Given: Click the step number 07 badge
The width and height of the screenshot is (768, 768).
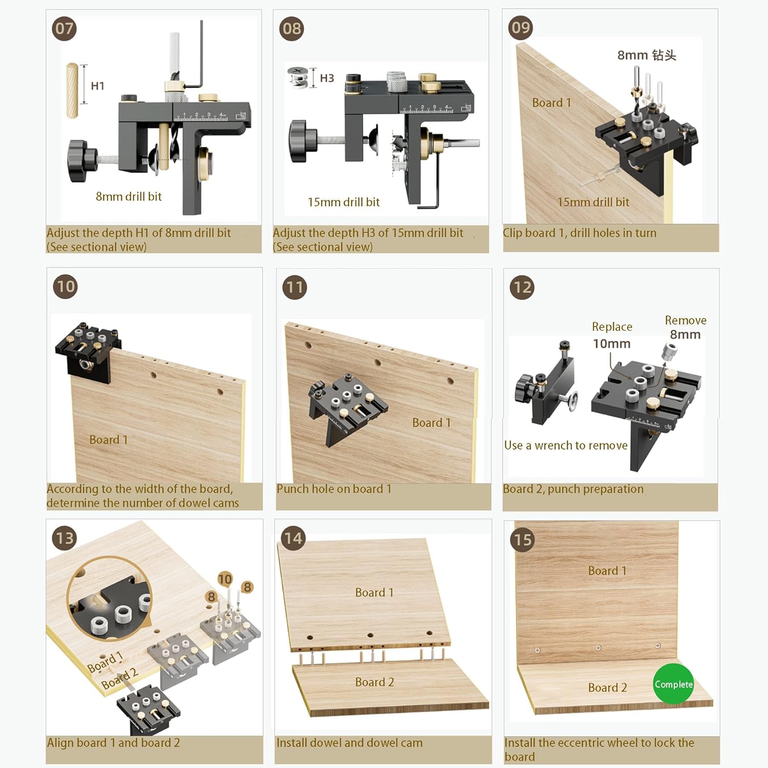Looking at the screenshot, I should (x=65, y=29).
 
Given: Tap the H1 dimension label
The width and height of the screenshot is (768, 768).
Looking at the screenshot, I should (x=97, y=86).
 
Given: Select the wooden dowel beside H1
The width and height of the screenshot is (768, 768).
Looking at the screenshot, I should (x=73, y=91).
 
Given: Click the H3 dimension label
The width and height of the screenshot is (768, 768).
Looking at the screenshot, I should (x=327, y=78).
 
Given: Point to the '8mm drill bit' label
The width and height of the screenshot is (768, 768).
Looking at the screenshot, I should (x=129, y=197).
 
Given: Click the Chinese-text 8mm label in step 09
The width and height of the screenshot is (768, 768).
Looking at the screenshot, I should (x=646, y=55).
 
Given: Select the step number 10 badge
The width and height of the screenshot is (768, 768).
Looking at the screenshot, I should (x=66, y=287).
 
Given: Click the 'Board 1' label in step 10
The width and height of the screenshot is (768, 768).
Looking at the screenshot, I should (x=108, y=440).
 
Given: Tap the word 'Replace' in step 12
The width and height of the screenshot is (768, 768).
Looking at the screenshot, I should (x=612, y=327).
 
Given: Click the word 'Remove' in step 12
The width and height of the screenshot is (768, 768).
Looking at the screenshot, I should (x=686, y=321).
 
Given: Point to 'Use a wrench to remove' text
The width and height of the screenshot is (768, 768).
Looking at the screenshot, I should (x=566, y=445).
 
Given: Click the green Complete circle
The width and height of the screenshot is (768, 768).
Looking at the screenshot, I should (x=673, y=684).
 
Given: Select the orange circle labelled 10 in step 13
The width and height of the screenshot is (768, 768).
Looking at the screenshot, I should (x=225, y=579).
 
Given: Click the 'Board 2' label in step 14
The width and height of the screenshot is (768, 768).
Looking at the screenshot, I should (x=374, y=682).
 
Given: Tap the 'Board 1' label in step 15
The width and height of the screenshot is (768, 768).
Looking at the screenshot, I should (x=607, y=571).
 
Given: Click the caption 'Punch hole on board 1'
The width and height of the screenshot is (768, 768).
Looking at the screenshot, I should (x=334, y=489).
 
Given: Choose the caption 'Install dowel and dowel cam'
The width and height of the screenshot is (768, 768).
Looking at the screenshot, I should (x=349, y=742).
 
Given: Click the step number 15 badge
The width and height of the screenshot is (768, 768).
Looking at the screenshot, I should (x=523, y=540).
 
